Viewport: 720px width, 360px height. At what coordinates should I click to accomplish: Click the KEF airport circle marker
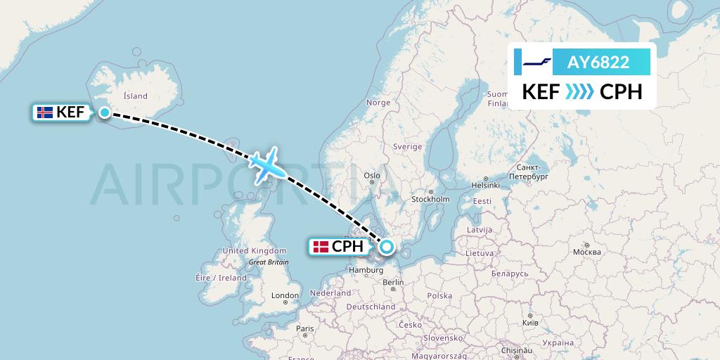[105, 112]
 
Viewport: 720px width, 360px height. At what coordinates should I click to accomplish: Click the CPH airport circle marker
[387, 247]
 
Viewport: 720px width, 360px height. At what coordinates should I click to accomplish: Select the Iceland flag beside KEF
[44, 112]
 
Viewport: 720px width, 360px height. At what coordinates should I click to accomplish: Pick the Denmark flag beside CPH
[321, 247]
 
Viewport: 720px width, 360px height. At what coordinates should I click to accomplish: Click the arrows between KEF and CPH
[580, 92]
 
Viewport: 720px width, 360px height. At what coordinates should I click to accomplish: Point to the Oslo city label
[372, 176]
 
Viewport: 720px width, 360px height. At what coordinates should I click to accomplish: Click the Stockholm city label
[430, 199]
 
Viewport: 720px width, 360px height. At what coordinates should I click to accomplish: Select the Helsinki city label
[485, 186]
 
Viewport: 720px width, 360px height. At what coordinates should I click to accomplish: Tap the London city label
[285, 295]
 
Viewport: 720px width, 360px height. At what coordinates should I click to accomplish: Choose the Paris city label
[304, 328]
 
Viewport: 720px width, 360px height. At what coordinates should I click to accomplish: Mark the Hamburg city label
[364, 270]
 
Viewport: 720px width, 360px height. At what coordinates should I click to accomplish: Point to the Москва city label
[586, 252]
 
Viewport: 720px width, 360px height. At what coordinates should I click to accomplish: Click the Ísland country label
[135, 96]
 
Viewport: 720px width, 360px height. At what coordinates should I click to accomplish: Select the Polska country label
[439, 296]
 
